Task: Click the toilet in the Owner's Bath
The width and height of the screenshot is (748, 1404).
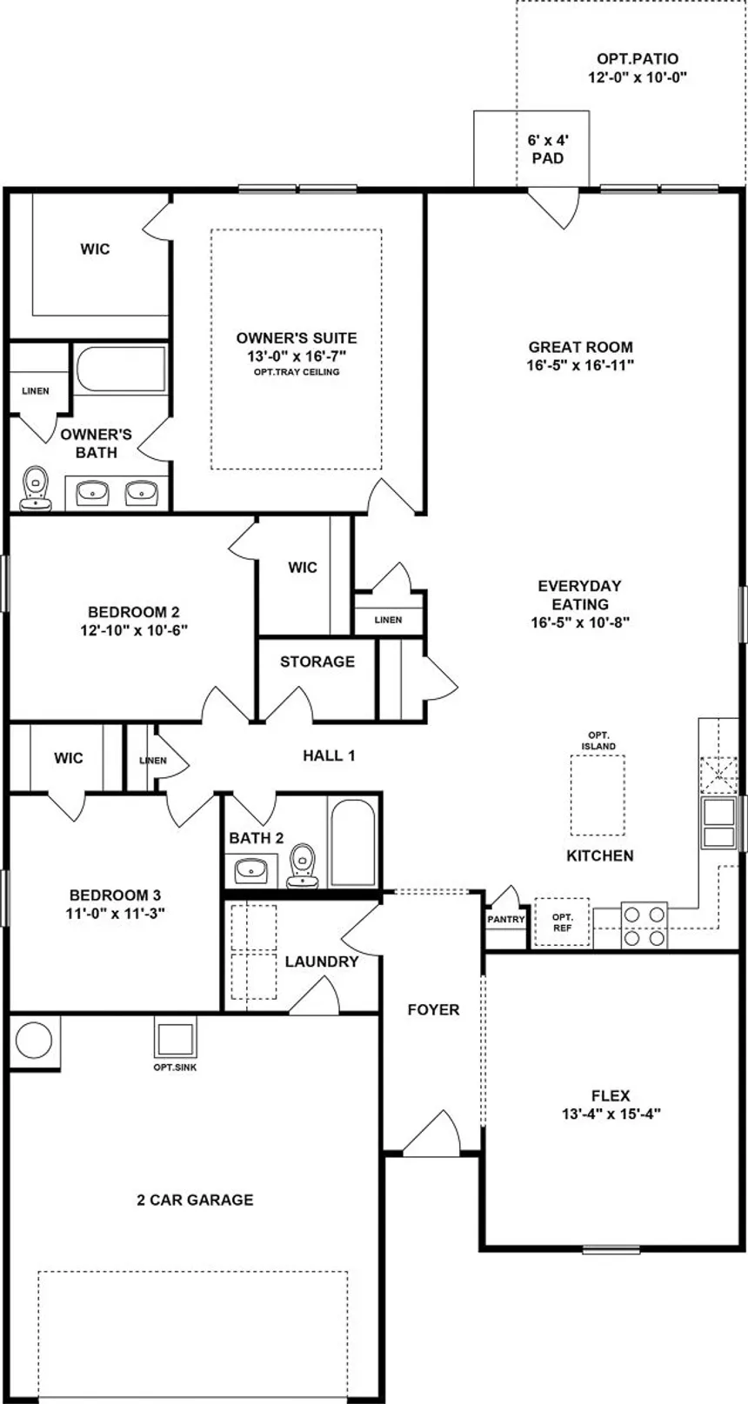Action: pyautogui.click(x=36, y=487)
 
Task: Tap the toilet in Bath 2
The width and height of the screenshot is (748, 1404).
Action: pyautogui.click(x=302, y=866)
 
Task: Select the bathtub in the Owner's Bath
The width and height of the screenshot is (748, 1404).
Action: pyautogui.click(x=121, y=369)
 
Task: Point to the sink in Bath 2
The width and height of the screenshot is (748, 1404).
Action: pyautogui.click(x=250, y=871)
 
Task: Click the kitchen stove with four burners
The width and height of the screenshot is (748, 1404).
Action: pyautogui.click(x=644, y=925)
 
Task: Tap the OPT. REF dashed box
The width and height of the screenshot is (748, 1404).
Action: pyautogui.click(x=562, y=922)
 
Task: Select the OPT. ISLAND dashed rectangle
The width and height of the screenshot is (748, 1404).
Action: pyautogui.click(x=598, y=795)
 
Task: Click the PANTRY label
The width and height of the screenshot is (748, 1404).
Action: pyautogui.click(x=506, y=919)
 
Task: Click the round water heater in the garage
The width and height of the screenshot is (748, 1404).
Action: pyautogui.click(x=33, y=1041)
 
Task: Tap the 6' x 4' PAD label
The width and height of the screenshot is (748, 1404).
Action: pyautogui.click(x=548, y=149)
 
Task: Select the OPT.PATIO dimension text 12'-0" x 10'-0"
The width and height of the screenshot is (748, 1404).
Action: pyautogui.click(x=638, y=77)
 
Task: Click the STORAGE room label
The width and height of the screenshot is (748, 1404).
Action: pyautogui.click(x=317, y=662)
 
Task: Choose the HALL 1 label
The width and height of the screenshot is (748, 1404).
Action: pyautogui.click(x=329, y=755)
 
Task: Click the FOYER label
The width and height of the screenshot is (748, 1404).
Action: pyautogui.click(x=433, y=1009)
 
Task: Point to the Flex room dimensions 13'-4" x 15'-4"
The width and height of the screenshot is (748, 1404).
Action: pyautogui.click(x=611, y=1114)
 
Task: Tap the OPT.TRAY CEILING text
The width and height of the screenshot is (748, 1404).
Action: pyautogui.click(x=297, y=372)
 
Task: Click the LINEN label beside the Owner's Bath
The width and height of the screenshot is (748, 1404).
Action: pyautogui.click(x=35, y=390)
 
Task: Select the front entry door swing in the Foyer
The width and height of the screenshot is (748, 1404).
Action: pyautogui.click(x=432, y=1134)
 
